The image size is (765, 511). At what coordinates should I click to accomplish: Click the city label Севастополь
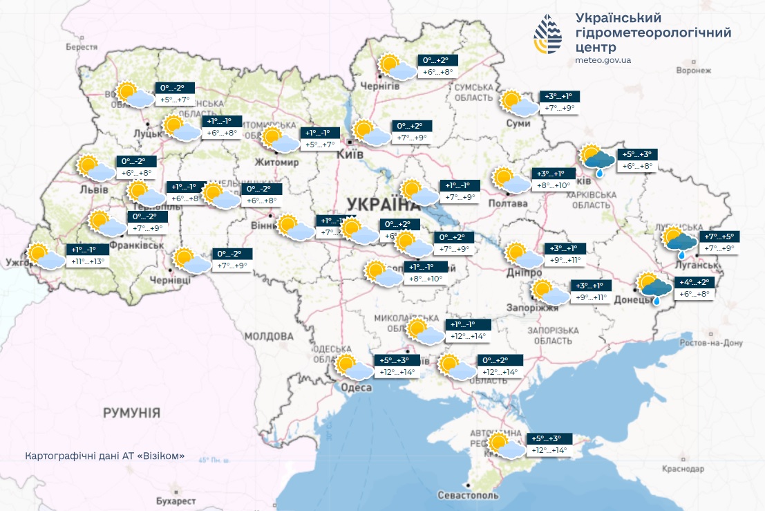468,496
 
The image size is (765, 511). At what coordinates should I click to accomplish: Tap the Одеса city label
357,388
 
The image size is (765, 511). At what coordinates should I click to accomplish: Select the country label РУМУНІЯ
131,413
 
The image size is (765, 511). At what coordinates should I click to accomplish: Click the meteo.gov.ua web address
603,60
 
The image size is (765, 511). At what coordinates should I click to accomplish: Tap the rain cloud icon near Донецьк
654,288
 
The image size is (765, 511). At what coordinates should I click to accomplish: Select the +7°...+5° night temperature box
720,236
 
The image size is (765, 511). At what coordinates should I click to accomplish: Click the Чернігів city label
380,85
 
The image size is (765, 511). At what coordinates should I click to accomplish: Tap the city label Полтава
508,203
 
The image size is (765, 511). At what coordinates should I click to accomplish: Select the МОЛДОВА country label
270,336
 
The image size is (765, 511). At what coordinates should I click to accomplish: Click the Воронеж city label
694,71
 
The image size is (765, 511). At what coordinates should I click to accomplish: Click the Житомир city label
278,162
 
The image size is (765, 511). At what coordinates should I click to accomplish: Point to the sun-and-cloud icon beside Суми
518,104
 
